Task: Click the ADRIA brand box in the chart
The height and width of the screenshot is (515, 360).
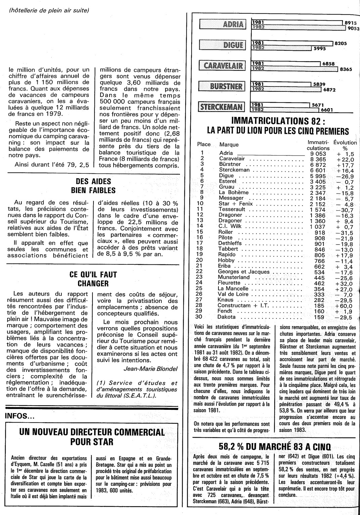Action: [x=223, y=24]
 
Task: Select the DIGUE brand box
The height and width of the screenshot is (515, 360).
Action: [x=223, y=45]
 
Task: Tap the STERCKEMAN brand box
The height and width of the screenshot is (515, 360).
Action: [x=222, y=107]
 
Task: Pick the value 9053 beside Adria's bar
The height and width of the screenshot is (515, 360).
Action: [x=353, y=28]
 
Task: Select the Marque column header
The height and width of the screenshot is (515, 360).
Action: [x=229, y=144]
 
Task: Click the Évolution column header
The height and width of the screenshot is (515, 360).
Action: [x=345, y=142]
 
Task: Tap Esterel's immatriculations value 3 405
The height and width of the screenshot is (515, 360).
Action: [x=318, y=181]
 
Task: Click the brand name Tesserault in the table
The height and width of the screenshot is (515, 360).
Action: [x=232, y=209]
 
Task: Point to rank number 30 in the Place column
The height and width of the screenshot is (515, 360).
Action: [x=199, y=317]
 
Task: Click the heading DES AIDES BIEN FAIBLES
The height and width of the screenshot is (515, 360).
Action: [x=93, y=186]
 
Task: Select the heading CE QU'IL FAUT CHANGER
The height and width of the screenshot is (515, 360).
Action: [x=93, y=279]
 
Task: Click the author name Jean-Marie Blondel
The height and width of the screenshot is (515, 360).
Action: [x=151, y=369]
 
